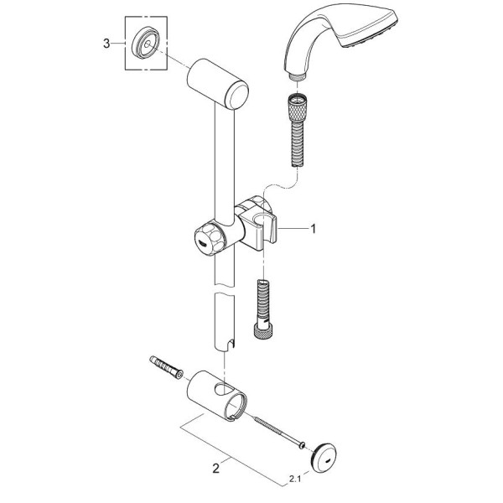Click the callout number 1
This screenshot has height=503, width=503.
click(x=314, y=227)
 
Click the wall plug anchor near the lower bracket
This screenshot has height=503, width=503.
click(x=167, y=366)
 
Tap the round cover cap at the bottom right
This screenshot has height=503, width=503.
click(x=325, y=456)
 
